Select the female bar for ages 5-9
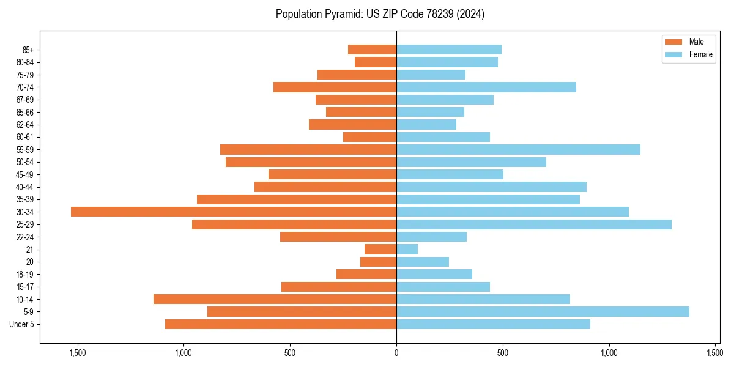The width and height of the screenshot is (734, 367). pyautogui.click(x=543, y=311)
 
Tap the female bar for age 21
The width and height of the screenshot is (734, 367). pyautogui.click(x=407, y=249)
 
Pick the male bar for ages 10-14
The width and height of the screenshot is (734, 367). pyautogui.click(x=275, y=299)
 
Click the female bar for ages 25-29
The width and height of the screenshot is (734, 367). pyautogui.click(x=533, y=224)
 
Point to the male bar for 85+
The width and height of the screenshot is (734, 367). pyautogui.click(x=372, y=50)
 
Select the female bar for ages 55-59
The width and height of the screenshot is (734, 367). pyautogui.click(x=518, y=149)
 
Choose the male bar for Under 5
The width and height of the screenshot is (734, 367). pyautogui.click(x=281, y=324)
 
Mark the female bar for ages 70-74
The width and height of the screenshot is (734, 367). pyautogui.click(x=486, y=87)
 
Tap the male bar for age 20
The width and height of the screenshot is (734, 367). pyautogui.click(x=378, y=262)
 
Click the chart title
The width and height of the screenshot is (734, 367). pyautogui.click(x=380, y=14)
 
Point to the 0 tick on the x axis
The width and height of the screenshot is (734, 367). pyautogui.click(x=396, y=353)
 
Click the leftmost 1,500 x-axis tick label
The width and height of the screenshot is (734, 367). pyautogui.click(x=78, y=353)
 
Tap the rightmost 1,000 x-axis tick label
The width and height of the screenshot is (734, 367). pyautogui.click(x=609, y=353)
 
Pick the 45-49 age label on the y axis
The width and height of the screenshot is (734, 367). pyautogui.click(x=25, y=174)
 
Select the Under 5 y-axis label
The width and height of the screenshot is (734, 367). pyautogui.click(x=21, y=324)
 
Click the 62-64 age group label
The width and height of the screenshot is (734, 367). pyautogui.click(x=25, y=124)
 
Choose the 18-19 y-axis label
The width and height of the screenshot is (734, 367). pyautogui.click(x=25, y=274)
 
